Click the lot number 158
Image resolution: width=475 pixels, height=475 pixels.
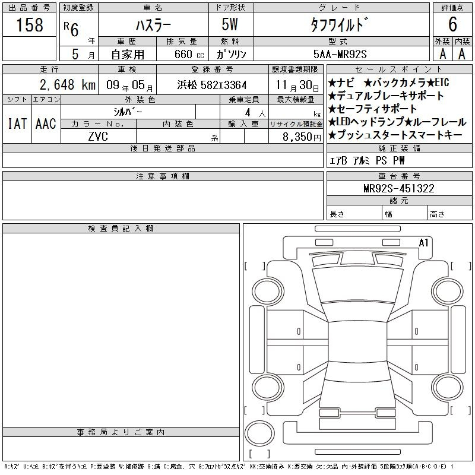[x=29, y=25]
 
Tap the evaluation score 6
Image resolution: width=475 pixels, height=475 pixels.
[x=452, y=24]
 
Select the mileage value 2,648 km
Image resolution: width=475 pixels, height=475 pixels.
[x=68, y=84]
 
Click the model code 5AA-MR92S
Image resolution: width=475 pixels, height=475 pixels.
[x=340, y=54]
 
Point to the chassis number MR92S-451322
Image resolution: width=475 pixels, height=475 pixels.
[x=398, y=188]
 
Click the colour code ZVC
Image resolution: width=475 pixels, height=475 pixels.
[x=98, y=137]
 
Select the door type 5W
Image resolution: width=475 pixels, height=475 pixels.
[x=230, y=24]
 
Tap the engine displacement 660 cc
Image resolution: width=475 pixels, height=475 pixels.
[x=189, y=54]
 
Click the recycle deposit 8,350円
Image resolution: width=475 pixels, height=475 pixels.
[x=302, y=137]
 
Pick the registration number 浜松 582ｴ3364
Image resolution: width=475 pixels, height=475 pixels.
[x=212, y=85]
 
